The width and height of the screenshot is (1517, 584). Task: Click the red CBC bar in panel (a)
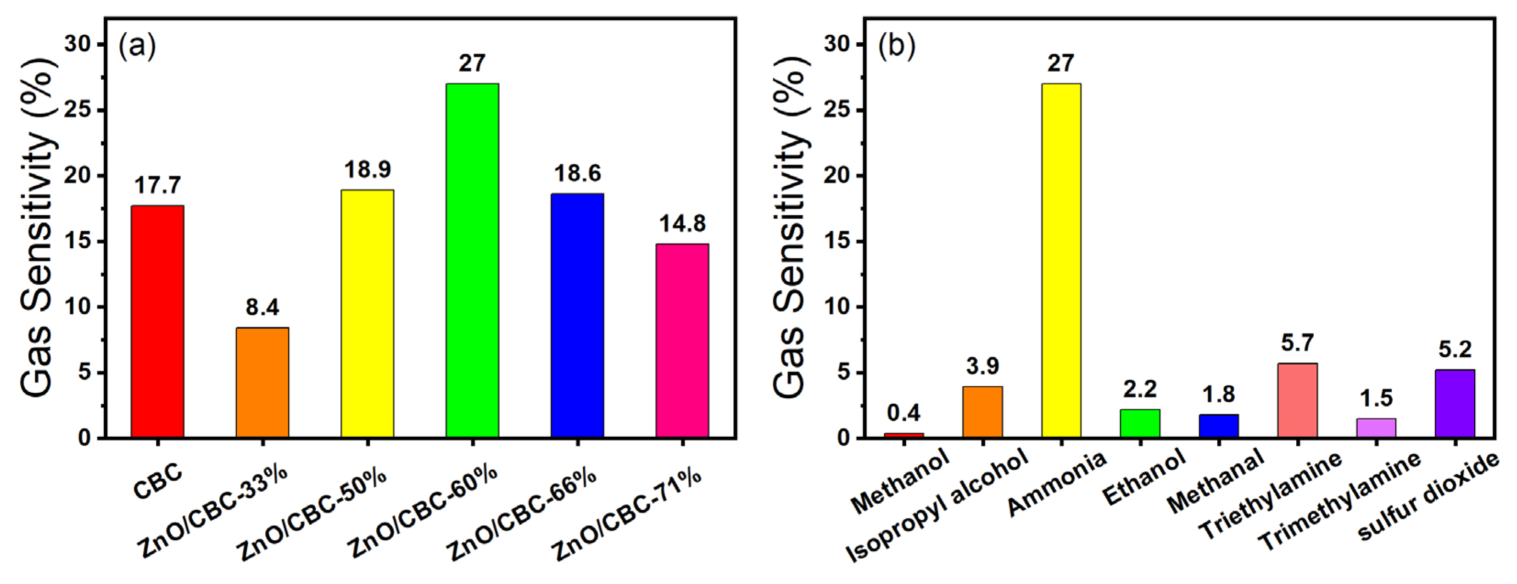pyautogui.click(x=157, y=322)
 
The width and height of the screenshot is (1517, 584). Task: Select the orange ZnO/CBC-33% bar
pyautogui.click(x=262, y=383)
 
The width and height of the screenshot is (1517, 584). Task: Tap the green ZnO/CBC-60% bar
pyautogui.click(x=472, y=260)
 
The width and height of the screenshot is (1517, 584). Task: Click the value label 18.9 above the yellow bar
pyautogui.click(x=368, y=170)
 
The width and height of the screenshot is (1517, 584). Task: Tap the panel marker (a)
pyautogui.click(x=137, y=46)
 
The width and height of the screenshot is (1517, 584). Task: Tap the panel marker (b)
pyautogui.click(x=896, y=46)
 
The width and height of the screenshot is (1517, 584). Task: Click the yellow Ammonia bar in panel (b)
pyautogui.click(x=1061, y=260)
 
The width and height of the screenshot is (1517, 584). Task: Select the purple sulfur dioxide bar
pyautogui.click(x=1455, y=404)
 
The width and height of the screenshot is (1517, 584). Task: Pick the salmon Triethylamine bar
pyautogui.click(x=1297, y=400)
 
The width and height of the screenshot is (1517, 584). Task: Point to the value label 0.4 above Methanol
pyautogui.click(x=904, y=413)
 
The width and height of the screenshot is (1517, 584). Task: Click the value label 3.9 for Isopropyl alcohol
pyautogui.click(x=982, y=366)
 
